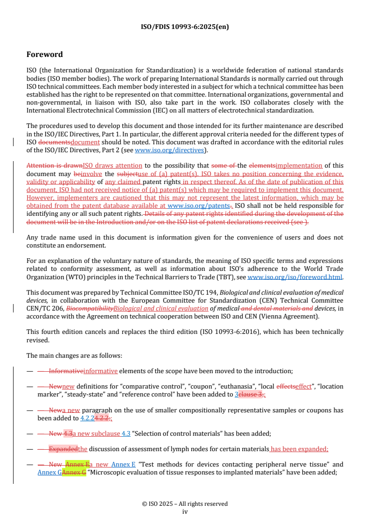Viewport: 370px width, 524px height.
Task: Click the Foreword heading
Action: pos(44,54)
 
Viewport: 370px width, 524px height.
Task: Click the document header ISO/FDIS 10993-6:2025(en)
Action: pos(185,27)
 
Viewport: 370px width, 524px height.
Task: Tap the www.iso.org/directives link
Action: pos(169,150)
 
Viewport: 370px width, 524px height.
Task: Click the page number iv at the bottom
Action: pos(185,511)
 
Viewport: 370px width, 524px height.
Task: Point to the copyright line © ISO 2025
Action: pos(185,504)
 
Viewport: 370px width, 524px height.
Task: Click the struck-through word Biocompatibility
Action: pos(90,308)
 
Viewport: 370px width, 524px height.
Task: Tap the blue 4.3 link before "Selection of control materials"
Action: pos(126,433)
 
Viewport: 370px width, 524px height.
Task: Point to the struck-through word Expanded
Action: pos(63,449)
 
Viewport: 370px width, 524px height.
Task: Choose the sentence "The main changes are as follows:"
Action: pos(74,355)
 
